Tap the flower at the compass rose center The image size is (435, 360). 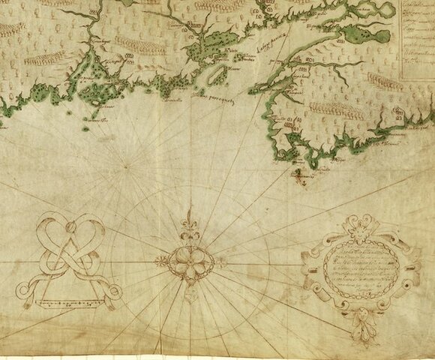(x=187, y=262)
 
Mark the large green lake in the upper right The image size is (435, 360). (x=371, y=35)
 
